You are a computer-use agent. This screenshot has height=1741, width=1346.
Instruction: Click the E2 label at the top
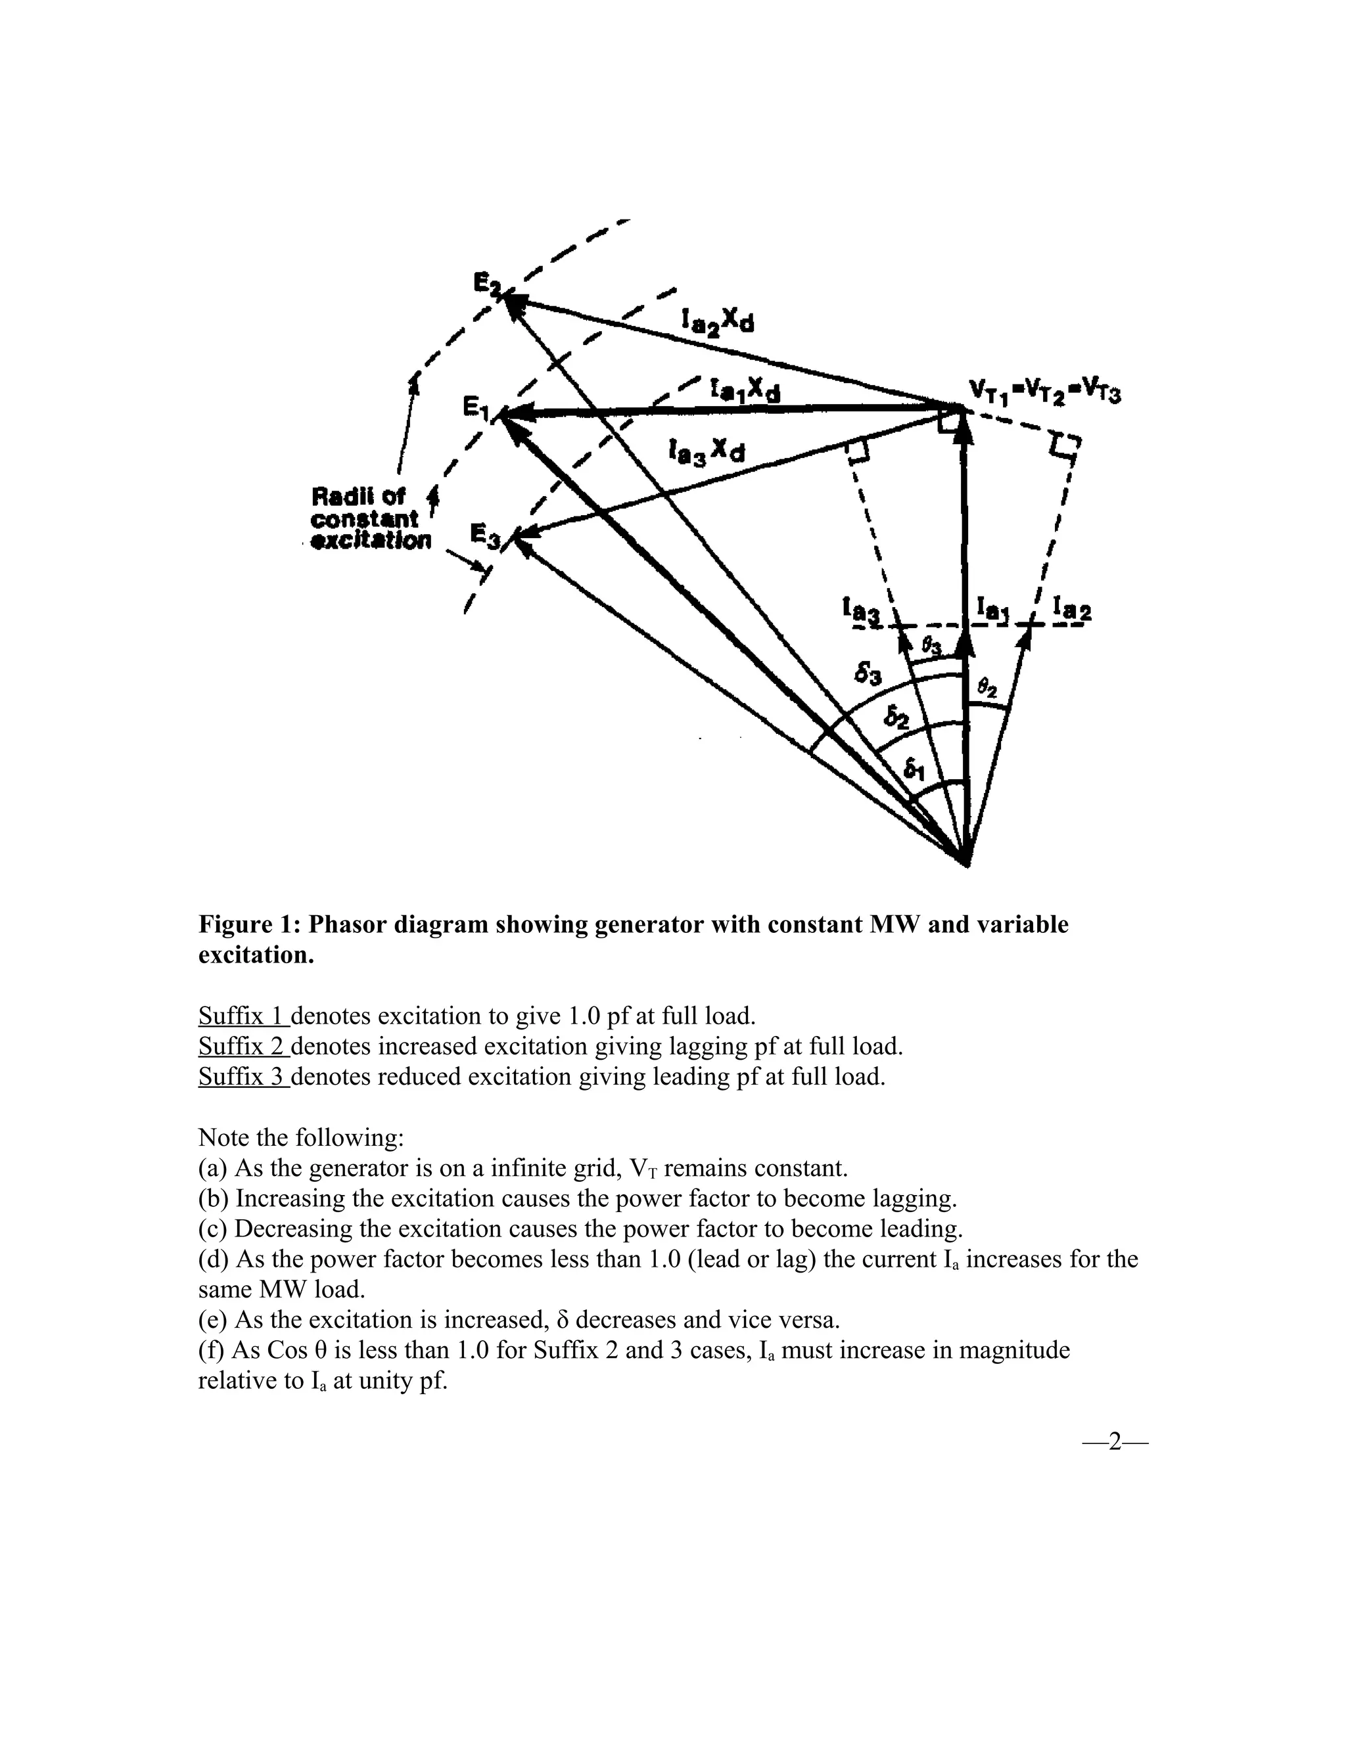483,283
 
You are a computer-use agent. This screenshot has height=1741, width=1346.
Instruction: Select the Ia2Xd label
717,321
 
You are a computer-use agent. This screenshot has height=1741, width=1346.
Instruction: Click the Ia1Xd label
745,391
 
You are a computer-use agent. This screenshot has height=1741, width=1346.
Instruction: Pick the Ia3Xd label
708,452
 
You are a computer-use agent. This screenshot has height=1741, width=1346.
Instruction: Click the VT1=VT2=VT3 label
1044,392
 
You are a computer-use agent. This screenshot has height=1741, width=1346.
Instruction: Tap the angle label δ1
915,770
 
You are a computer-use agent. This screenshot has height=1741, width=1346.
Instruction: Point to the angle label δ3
868,676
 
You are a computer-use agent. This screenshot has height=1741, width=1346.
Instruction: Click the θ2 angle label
987,687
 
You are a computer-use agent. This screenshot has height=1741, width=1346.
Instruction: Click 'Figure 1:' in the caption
250,925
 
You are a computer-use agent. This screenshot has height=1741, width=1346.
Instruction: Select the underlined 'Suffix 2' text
243,1046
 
